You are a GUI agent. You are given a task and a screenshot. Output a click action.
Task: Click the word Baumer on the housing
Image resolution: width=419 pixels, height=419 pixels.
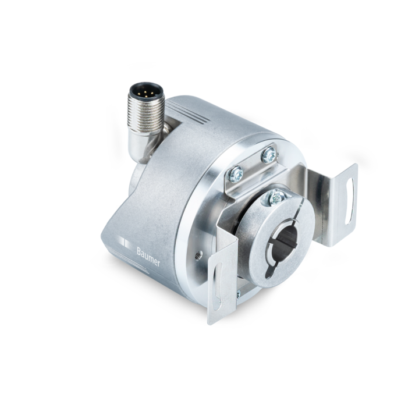pos(148,257)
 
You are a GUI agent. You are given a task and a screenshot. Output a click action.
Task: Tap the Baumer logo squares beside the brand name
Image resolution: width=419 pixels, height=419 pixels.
pos(126,243)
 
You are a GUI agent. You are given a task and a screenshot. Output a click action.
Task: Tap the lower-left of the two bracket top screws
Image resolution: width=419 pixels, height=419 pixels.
pos(236,173)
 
